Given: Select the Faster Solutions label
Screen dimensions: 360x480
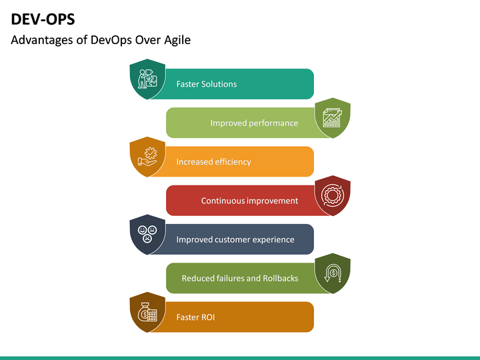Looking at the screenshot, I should coord(206,84).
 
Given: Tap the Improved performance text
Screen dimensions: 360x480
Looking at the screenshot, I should coord(254,123).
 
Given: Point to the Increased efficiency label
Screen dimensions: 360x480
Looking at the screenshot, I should coord(213,161).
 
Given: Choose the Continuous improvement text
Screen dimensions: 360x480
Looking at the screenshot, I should coord(249,201).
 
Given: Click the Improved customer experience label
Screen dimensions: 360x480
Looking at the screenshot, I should coord(235,239).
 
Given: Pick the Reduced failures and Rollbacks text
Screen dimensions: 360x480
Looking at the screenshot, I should coord(239,278).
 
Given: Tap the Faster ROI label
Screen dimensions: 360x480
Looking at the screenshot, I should coord(195,317).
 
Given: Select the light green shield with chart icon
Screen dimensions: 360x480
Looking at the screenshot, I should coord(332,118).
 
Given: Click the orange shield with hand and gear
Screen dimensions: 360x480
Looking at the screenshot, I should coord(147,157).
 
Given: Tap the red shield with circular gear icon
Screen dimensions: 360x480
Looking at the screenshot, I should coord(332,195).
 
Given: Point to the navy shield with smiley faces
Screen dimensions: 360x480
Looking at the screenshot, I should coord(147,234).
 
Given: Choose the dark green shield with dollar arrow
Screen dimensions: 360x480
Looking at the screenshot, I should coord(332,273).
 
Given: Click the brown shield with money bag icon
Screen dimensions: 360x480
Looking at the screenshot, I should coord(147,312).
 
